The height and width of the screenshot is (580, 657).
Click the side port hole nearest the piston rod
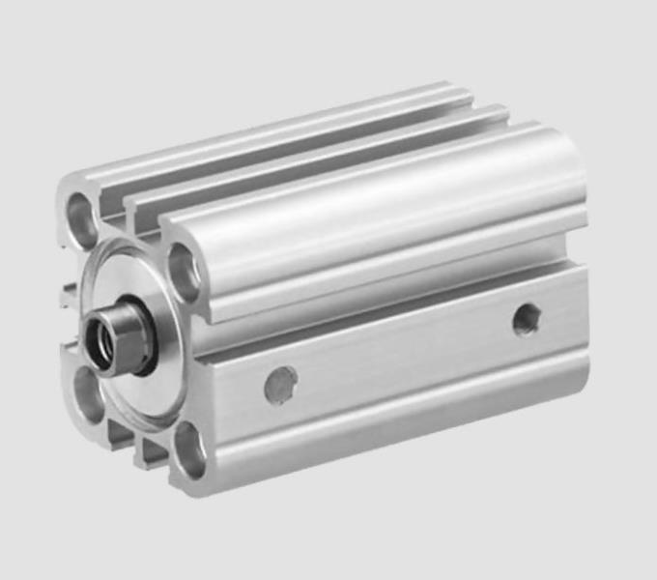coord(280,384)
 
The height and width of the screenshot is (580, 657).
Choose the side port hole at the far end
coord(527,318)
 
